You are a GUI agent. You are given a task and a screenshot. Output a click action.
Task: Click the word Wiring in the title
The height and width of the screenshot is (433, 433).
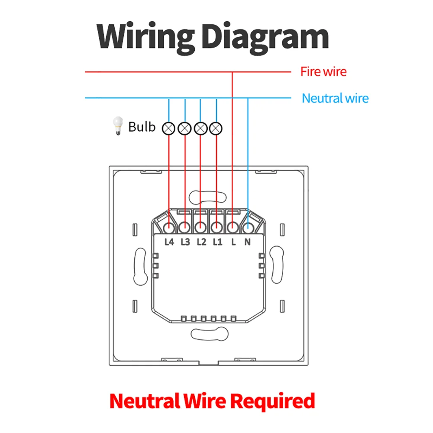point(145,38)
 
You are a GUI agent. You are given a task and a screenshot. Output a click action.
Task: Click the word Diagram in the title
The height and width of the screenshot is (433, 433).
point(265,38)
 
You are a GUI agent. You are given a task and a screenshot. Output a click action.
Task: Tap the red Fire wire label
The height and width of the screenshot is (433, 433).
point(323,71)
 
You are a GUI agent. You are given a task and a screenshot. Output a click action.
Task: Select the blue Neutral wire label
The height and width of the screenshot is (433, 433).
point(335,98)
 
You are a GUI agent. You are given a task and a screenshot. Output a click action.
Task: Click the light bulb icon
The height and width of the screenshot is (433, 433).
point(118,126)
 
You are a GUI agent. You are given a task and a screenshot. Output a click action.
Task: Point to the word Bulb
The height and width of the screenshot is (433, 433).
point(142,127)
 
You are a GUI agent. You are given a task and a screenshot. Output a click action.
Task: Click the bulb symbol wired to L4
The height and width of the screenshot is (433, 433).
point(168,129)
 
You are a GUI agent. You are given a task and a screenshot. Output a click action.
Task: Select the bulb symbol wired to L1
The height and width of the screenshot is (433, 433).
point(216,129)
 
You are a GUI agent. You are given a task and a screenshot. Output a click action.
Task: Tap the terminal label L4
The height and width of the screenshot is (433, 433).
point(169,242)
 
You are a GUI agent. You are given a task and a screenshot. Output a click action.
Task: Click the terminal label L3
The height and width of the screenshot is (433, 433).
point(185,242)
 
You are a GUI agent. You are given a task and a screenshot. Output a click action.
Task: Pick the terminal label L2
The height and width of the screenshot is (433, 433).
point(201,242)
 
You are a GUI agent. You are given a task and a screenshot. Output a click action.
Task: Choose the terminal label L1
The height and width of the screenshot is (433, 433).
point(217,242)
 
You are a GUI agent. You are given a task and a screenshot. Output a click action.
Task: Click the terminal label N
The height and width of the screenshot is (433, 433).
point(247,242)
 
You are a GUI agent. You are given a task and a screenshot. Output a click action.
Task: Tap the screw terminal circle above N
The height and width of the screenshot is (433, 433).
point(248,228)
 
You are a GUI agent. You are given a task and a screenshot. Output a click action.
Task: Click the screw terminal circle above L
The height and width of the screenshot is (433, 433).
point(233,228)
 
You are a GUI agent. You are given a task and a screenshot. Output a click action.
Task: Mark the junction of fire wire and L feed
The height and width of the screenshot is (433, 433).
point(232,72)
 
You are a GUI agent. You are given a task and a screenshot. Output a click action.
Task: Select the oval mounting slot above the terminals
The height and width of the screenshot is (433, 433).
point(208,197)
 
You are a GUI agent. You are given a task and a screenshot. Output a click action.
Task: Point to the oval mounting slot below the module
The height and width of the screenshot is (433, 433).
point(210,334)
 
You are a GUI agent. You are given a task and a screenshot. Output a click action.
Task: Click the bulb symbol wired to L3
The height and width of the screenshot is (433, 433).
point(184,129)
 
